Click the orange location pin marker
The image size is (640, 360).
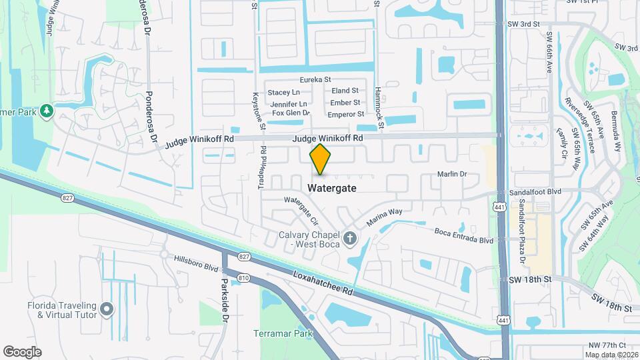coord(321,159)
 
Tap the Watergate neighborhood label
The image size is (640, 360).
coord(332,189)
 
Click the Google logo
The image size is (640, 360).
coord(22,351)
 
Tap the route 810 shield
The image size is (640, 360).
coord(243,277)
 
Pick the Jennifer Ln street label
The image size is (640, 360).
coord(288,103)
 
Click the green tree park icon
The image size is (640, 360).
coord(46,110)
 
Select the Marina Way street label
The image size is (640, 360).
coord(385,217)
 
